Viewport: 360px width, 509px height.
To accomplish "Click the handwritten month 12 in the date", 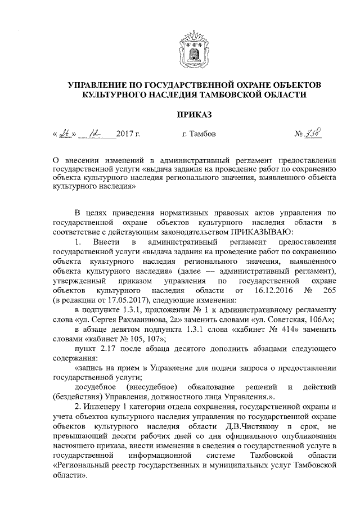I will (x=89, y=134).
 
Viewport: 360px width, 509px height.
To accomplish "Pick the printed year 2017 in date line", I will (x=128, y=134).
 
